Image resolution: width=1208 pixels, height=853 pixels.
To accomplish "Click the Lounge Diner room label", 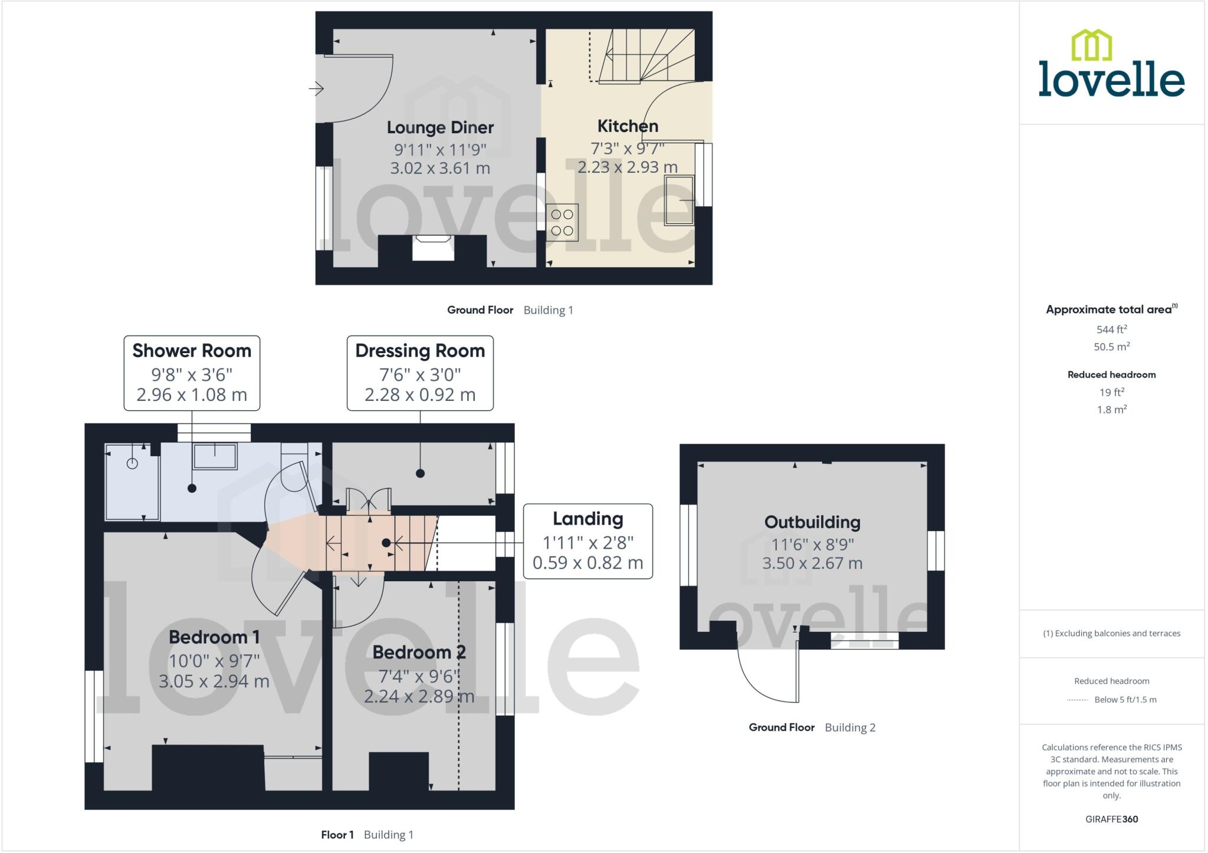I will coord(440,127).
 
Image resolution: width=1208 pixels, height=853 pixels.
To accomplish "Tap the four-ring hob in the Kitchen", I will coord(562,222).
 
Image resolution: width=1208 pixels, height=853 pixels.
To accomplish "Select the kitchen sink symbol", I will coord(679,200).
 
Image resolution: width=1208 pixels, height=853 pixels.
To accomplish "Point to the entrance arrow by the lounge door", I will coord(316,89).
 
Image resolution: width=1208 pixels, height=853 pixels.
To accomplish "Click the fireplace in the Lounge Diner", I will coord(433,247).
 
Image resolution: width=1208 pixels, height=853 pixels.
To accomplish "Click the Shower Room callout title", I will coord(192,351).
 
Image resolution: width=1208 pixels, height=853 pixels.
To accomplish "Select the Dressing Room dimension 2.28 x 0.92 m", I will coord(420,394).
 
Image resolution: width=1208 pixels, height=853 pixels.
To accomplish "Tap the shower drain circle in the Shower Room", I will coord(132,464).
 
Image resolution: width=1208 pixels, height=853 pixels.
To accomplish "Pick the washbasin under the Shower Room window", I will coord(215,456).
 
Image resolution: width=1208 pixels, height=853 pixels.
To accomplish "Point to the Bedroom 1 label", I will coord(214,637).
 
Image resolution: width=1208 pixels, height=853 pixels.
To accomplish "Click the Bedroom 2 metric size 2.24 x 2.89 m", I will coord(419,697).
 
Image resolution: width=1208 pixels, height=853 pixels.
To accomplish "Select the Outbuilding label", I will coord(812,522).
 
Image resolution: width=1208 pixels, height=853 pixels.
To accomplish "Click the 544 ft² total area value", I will coord(1111,330).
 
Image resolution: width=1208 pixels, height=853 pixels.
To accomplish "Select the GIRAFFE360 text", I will coord(1111,819).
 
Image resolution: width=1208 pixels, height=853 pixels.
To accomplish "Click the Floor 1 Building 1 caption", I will coord(367,835).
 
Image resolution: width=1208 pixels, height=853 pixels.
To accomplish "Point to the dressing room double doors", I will coord(369,500).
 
